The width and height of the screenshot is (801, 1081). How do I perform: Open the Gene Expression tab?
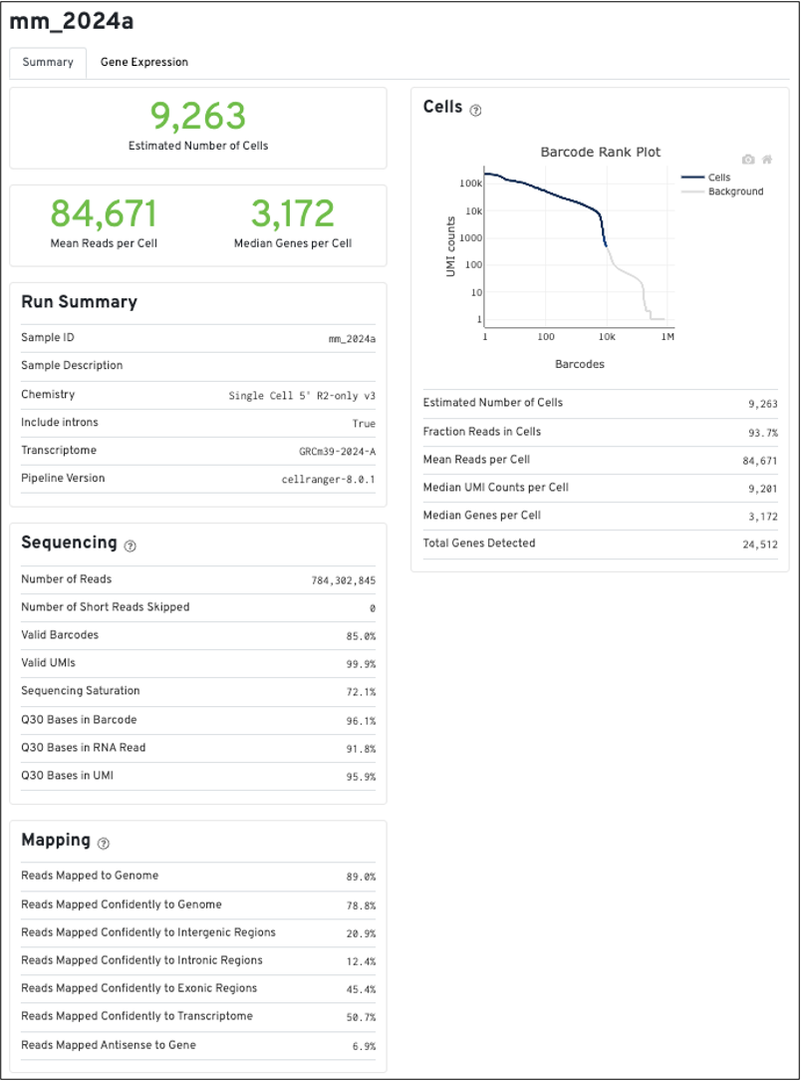click(143, 62)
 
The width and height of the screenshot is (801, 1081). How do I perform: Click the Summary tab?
click(48, 62)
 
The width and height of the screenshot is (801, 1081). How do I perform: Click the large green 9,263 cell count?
click(198, 117)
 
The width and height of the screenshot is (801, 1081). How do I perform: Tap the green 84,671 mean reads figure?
click(104, 213)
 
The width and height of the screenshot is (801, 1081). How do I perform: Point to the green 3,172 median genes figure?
click(292, 213)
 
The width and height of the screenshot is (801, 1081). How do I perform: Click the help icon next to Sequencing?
click(131, 545)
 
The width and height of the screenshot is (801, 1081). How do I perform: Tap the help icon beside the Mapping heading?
click(105, 843)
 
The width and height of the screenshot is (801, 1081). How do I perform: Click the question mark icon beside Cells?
click(475, 110)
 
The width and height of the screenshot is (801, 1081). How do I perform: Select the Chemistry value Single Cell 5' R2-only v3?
click(302, 395)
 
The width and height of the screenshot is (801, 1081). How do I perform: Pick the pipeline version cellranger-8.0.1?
click(329, 480)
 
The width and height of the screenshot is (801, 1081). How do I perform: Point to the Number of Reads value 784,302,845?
click(343, 580)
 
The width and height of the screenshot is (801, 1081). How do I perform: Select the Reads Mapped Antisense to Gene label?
click(109, 1045)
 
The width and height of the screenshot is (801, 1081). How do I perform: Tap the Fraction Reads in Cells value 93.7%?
click(762, 432)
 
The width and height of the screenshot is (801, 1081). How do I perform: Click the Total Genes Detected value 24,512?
click(759, 544)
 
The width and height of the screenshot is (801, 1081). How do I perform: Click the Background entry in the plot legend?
click(735, 191)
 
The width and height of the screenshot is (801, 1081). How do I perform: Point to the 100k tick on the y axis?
click(470, 184)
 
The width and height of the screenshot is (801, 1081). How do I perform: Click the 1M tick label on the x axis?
click(667, 338)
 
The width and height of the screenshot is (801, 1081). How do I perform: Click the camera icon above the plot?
click(748, 160)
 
